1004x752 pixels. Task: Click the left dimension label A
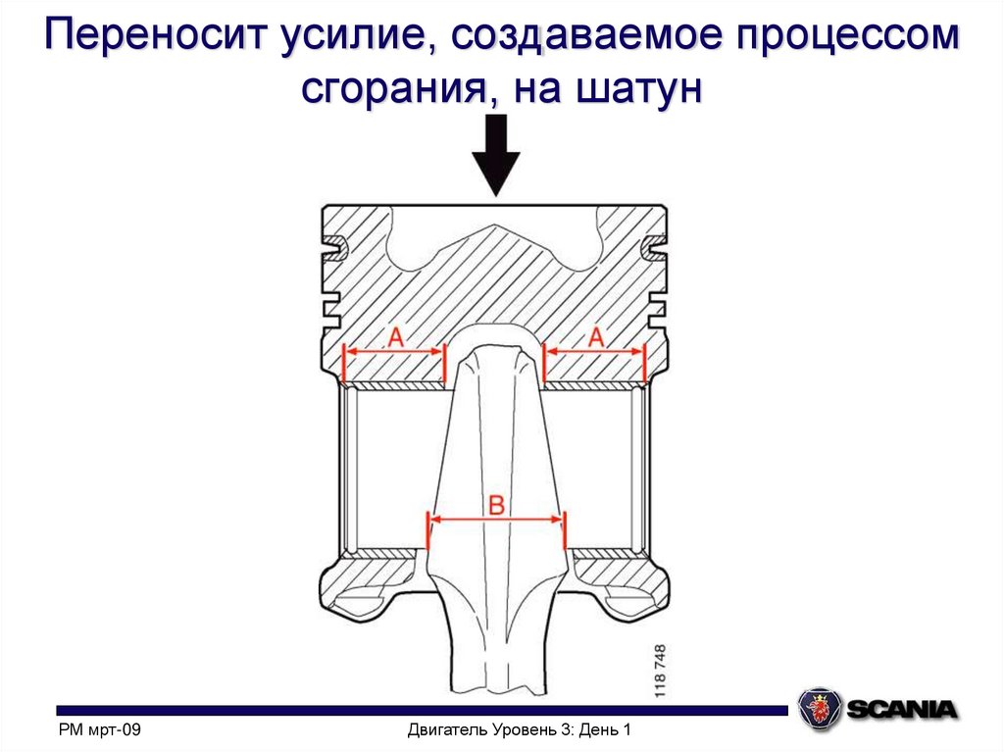[x=394, y=337]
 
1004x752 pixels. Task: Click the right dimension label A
[x=595, y=337]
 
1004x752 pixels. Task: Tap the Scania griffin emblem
[x=819, y=707]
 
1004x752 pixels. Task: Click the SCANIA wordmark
[x=901, y=708]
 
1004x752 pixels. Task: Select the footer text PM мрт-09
[x=101, y=730]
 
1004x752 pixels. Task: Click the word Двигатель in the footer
[x=445, y=730]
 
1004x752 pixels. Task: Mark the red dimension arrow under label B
[x=497, y=521]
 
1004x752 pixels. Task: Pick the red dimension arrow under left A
[x=394, y=352]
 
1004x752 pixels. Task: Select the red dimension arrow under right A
[x=595, y=352]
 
